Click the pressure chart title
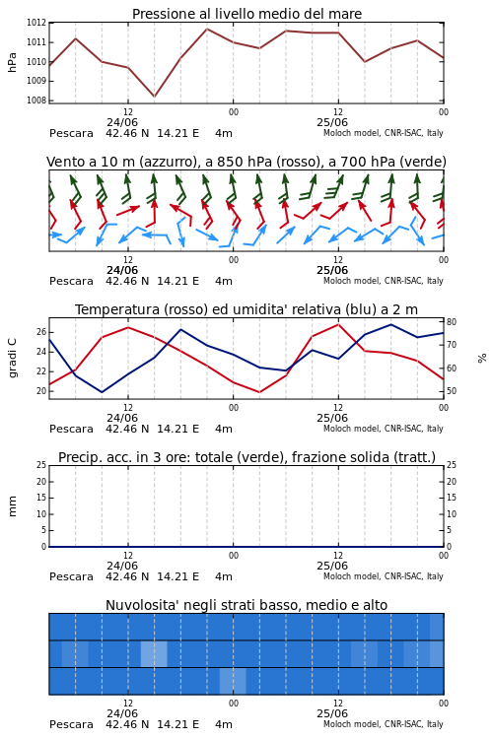point(246,14)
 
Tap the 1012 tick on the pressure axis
point(36,23)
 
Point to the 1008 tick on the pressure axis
point(36,100)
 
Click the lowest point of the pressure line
point(154,97)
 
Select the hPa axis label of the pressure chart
point(12,62)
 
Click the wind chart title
point(246,163)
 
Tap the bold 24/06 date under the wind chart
point(122,271)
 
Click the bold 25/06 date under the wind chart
point(332,271)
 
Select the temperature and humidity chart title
point(246,309)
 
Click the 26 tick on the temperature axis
point(41,332)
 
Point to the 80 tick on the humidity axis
point(452,322)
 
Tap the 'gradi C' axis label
point(12,358)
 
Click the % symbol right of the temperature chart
point(482,359)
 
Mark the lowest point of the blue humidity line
point(102,392)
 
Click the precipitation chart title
point(246,457)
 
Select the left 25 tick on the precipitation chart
point(41,465)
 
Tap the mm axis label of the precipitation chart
point(12,506)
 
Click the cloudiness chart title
point(246,605)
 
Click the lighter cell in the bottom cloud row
point(233,681)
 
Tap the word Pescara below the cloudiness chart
point(71,724)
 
